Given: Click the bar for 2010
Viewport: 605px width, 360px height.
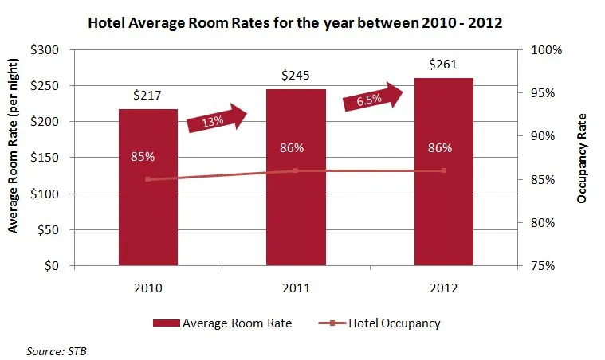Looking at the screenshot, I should [x=148, y=215].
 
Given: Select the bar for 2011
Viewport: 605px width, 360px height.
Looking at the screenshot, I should [x=296, y=215].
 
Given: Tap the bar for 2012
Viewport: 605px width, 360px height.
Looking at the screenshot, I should [x=444, y=215].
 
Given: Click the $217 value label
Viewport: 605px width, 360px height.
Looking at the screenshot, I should [x=148, y=96].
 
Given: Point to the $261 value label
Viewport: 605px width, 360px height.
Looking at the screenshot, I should [x=444, y=64].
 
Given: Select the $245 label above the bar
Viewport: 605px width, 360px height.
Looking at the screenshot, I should [x=296, y=76].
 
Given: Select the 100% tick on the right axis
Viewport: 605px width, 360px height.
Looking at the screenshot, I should [x=547, y=49].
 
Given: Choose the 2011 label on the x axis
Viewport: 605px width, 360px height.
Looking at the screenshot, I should [x=296, y=287].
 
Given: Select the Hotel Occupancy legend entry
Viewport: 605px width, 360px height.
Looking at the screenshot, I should [x=378, y=323].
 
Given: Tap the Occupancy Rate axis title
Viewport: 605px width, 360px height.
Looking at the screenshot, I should [x=582, y=158].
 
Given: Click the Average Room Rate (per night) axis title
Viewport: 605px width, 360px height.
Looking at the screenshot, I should [x=13, y=158].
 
